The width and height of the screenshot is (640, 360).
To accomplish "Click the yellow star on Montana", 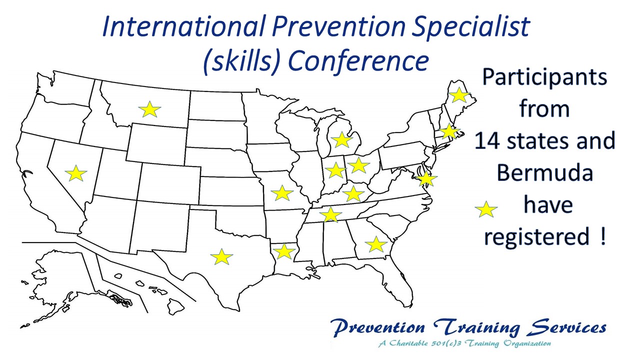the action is [x=149, y=109].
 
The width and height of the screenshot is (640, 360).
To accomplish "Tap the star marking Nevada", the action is [x=75, y=173].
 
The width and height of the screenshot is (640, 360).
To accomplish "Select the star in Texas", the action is [x=221, y=256].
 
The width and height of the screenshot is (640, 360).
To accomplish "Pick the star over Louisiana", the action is [x=283, y=251].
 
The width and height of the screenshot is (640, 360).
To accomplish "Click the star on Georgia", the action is [x=376, y=244].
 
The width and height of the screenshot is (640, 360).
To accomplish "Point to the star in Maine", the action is [x=459, y=95].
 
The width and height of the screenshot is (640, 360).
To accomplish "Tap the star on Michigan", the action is [x=341, y=140].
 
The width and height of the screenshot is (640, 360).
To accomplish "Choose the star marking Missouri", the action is [x=282, y=193].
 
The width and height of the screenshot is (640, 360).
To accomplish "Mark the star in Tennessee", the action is [x=330, y=214].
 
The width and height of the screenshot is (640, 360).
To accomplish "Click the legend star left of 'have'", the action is [x=486, y=209].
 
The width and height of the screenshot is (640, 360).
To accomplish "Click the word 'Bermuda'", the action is [x=545, y=173].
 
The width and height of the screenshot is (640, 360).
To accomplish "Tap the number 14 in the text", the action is [x=487, y=141].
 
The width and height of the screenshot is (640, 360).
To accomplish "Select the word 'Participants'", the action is [x=544, y=77].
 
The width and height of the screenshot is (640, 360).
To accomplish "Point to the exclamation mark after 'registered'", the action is [x=603, y=235].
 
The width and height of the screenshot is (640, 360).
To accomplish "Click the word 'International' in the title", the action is [x=183, y=26].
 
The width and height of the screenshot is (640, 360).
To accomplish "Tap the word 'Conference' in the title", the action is [x=358, y=61].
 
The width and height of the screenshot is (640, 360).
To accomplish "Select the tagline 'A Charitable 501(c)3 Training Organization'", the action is [x=464, y=343].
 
